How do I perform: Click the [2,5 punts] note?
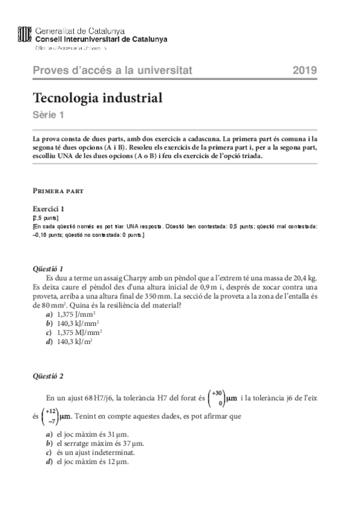(x=46, y=218)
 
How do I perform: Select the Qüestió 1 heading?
(x=50, y=268)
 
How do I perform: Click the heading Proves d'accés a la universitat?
(x=112, y=71)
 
